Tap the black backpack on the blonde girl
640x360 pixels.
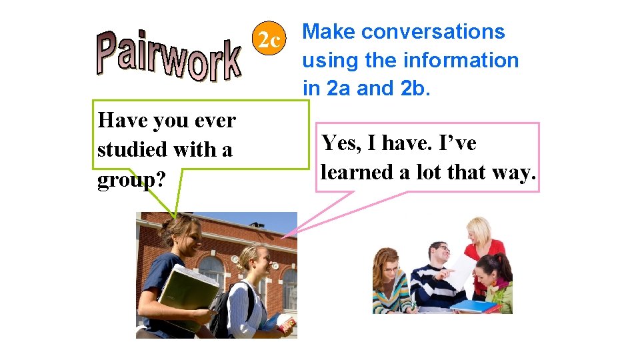pyautogui.click(x=224, y=307)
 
